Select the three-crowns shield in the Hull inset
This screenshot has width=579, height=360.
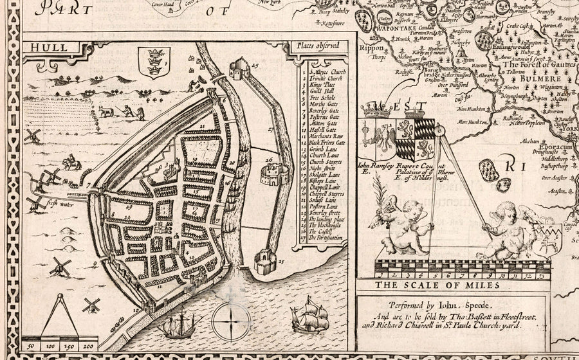coord(154,62)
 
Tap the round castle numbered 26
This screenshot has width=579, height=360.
coord(273,172)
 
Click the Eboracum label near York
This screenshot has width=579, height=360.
coord(546,147)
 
